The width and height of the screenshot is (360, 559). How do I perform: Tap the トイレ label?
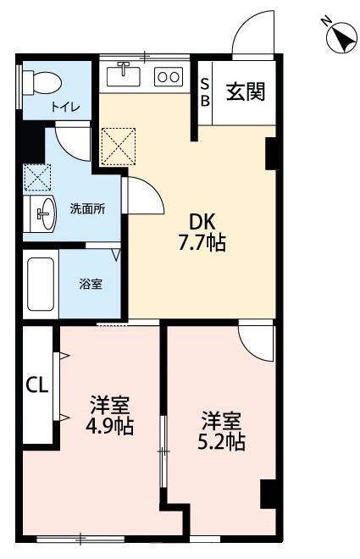pos(65,107)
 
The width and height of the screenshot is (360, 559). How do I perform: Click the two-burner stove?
pos(169,76)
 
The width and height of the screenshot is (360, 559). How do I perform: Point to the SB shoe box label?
pos(205,92)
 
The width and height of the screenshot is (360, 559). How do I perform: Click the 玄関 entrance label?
pos(246,92)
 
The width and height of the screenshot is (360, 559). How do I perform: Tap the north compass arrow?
pos(341,36)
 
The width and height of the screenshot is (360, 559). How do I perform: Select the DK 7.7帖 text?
pos(202,233)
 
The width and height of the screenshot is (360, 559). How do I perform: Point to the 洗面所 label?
pos(87,208)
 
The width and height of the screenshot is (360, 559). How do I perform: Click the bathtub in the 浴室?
pos(41,284)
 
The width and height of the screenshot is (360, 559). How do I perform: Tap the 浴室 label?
pos(91,284)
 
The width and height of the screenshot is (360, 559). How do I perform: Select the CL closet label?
pos(37,385)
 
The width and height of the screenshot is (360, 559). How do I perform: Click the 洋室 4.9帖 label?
pos(109,415)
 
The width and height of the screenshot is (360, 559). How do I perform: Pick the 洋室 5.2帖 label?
pos(221,430)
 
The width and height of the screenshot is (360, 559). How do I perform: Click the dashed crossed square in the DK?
pos(119,147)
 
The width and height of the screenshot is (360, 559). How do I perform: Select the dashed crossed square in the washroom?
pos(37,178)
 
